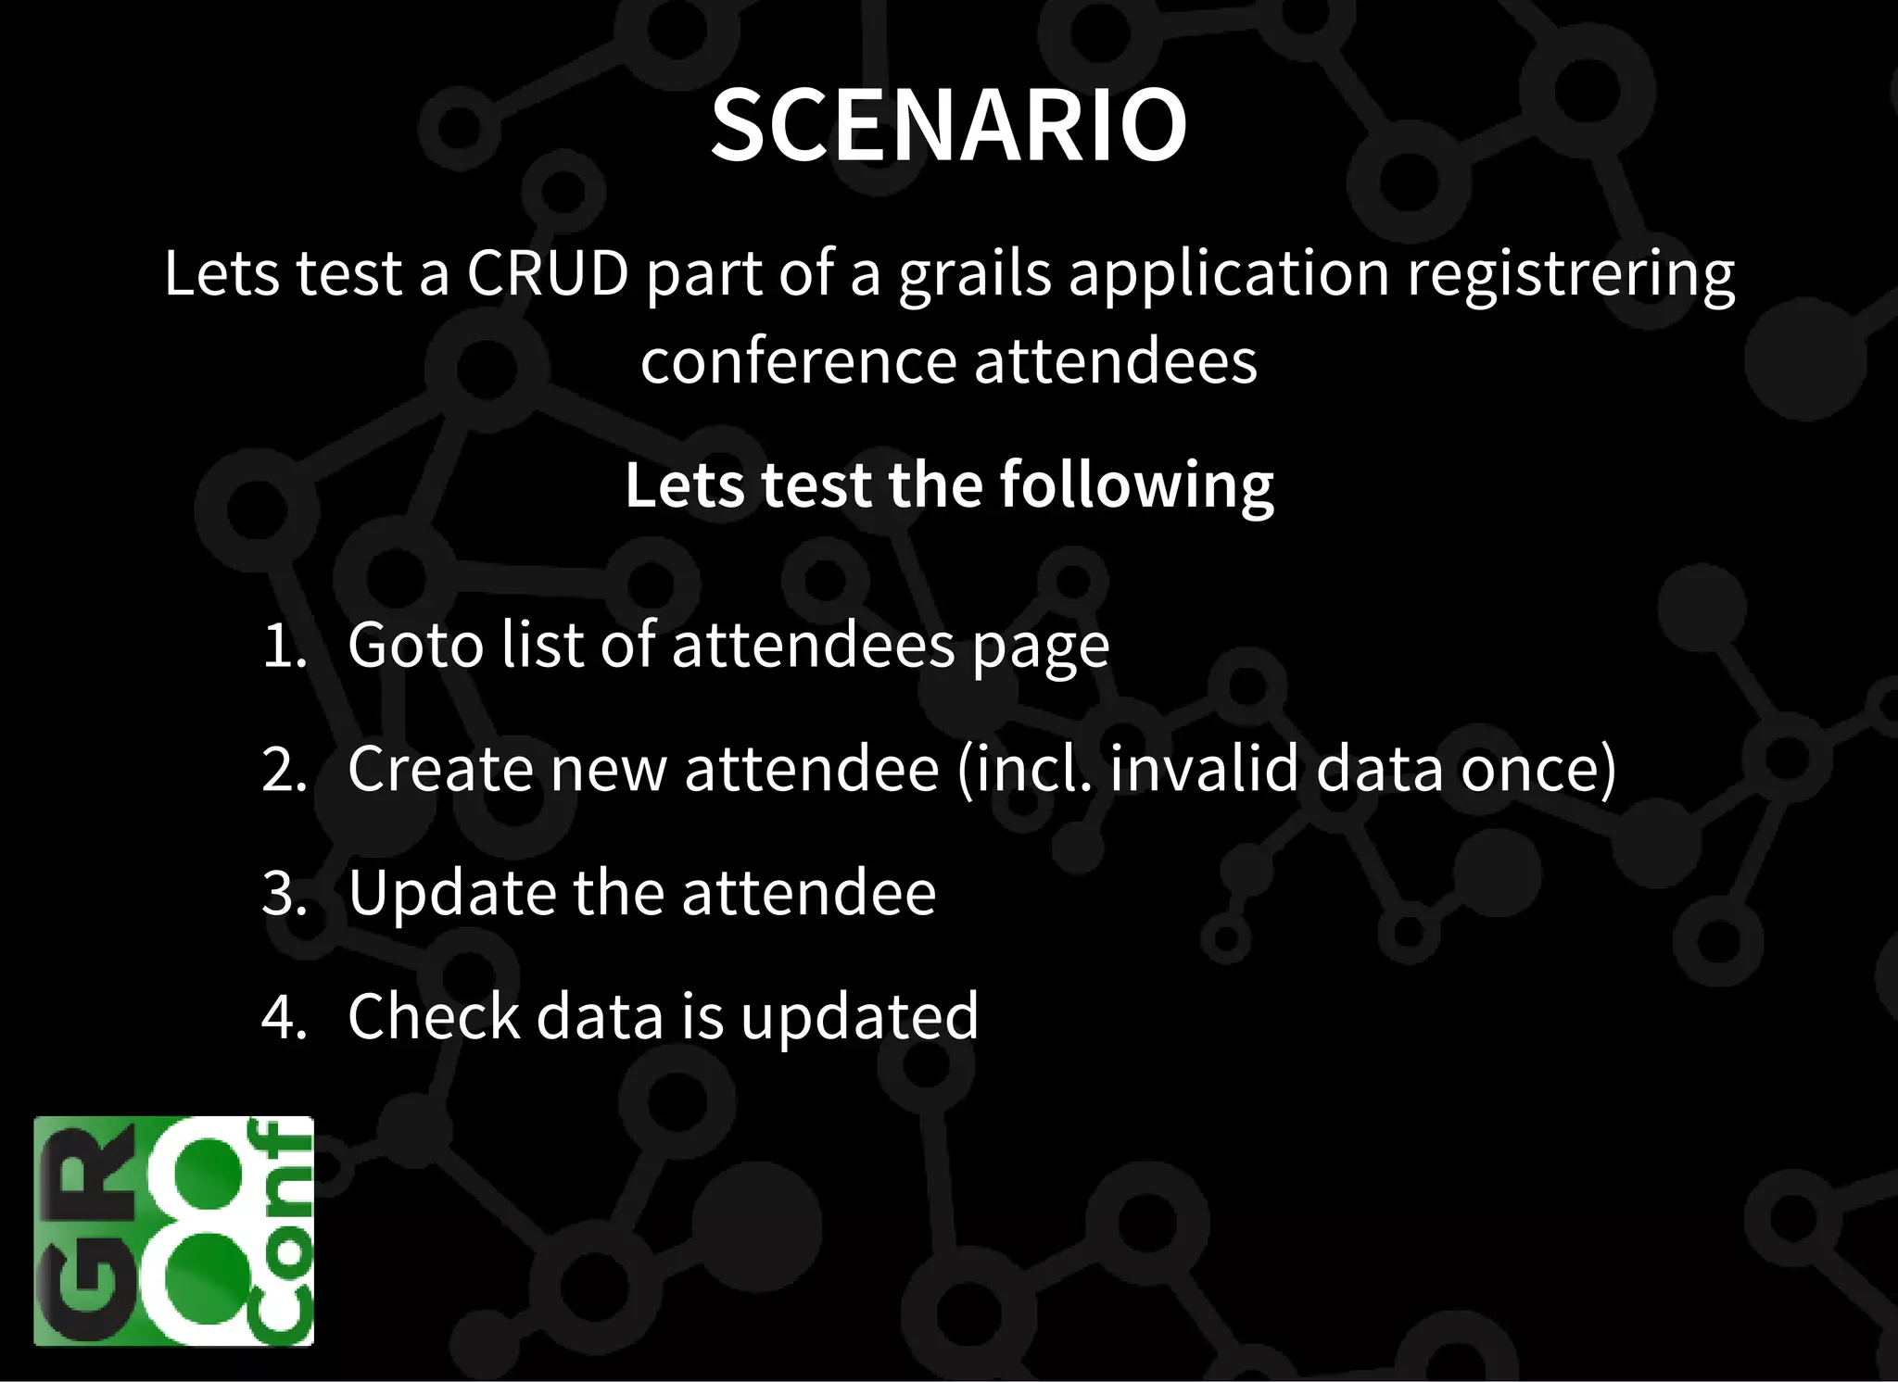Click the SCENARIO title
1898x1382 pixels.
[x=948, y=125]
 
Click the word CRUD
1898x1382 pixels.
[x=547, y=274]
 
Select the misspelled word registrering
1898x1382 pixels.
[x=1571, y=274]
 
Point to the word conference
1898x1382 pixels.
[x=798, y=361]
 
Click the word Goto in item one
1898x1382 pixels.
[x=415, y=646]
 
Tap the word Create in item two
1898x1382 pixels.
[x=440, y=769]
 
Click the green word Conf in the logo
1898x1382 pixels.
[x=282, y=1232]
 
